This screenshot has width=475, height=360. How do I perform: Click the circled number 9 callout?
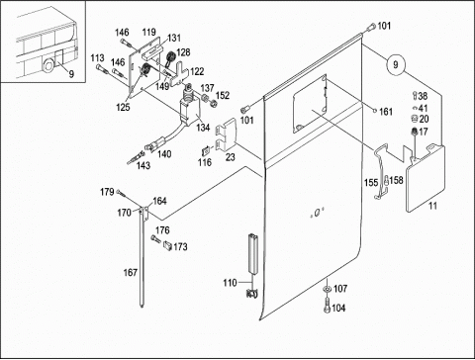[x=396, y=65]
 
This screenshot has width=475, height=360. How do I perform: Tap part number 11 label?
[x=432, y=206]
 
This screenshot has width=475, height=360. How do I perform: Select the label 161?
[x=386, y=112]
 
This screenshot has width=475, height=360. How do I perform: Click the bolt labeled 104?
[x=327, y=305]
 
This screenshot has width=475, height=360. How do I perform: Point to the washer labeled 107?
[x=328, y=289]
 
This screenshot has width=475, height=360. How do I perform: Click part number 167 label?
[x=130, y=273]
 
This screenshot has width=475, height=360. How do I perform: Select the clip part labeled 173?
[x=167, y=245]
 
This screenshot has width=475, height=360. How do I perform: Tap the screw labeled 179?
[x=122, y=194]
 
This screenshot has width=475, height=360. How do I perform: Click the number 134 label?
[x=203, y=128]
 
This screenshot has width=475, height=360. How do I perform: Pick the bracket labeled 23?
[x=226, y=135]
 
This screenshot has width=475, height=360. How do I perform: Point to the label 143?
[x=143, y=165]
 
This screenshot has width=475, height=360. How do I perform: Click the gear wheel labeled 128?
[x=170, y=57]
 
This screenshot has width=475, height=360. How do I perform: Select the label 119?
[x=148, y=32]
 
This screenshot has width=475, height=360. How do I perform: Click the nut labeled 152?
[x=213, y=103]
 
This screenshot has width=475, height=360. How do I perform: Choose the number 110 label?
[x=230, y=283]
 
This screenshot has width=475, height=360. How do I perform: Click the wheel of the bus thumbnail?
[x=48, y=65]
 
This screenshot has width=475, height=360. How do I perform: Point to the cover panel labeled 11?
[x=426, y=178]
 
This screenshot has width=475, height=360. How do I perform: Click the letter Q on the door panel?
[x=317, y=214]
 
